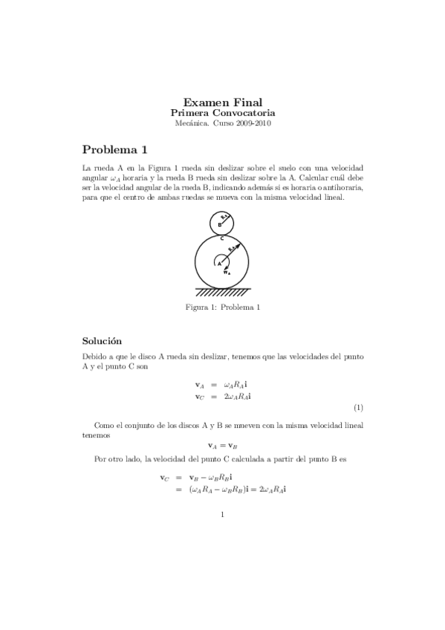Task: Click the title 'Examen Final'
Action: (x=222, y=102)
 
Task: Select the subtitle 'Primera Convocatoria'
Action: (x=222, y=113)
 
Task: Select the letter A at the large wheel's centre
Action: (x=219, y=262)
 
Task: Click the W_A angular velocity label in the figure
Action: (x=227, y=272)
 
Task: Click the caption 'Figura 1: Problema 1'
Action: (x=222, y=307)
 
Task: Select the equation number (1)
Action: (x=358, y=408)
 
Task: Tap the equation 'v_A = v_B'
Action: (x=223, y=446)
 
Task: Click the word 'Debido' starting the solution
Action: (x=95, y=357)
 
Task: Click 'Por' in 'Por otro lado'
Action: (x=100, y=459)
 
